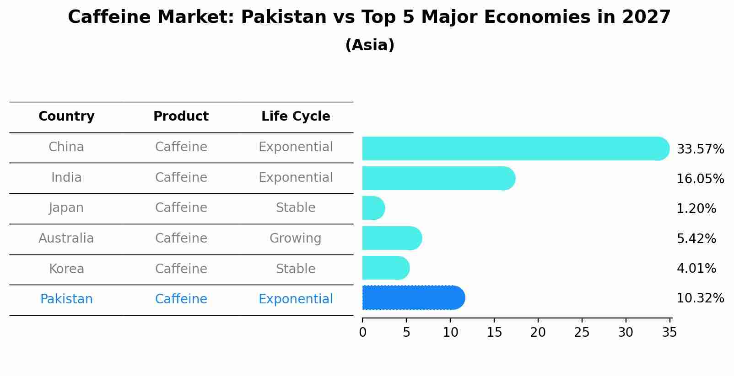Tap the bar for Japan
373,208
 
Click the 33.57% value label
700,149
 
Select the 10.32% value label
700,298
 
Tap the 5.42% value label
696,238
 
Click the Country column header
66,117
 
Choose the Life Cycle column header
296,117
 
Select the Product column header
181,117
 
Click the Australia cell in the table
66,238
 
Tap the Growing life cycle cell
296,238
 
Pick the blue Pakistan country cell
66,299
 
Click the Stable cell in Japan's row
296,208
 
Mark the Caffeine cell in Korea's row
181,269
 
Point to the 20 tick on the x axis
538,333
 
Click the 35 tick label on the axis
669,333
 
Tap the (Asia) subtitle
370,45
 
